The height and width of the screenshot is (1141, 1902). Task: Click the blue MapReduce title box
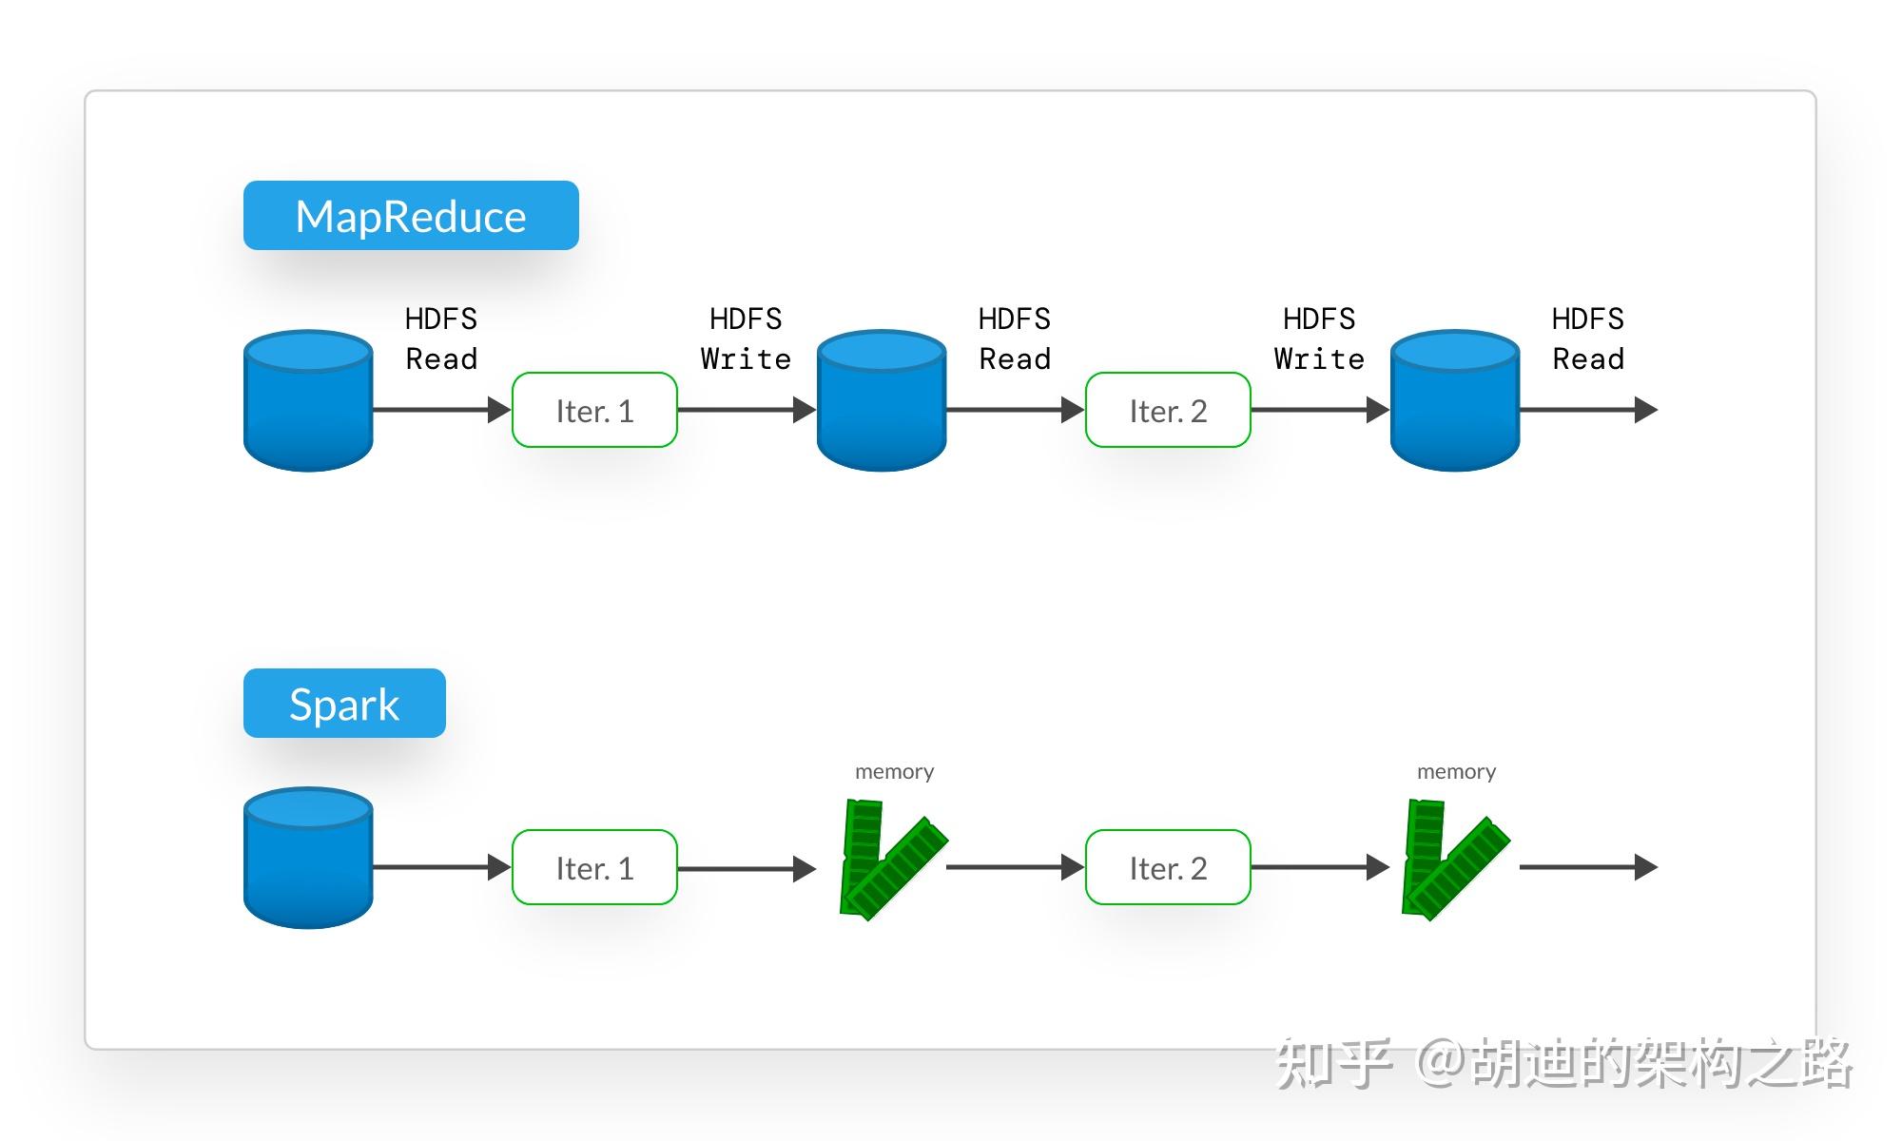pyautogui.click(x=411, y=216)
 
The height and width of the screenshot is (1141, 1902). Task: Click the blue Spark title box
pyautogui.click(x=344, y=704)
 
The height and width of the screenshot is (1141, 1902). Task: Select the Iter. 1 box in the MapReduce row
pyautogui.click(x=594, y=410)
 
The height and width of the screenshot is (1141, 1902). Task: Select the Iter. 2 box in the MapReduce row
pyautogui.click(x=1168, y=410)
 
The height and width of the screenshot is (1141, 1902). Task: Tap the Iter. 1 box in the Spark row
pyautogui.click(x=594, y=867)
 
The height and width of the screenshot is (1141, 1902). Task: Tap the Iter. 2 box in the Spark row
pyautogui.click(x=1168, y=867)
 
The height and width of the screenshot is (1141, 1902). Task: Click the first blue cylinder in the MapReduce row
pyautogui.click(x=308, y=401)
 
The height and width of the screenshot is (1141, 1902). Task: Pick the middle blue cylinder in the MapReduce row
pyautogui.click(x=882, y=401)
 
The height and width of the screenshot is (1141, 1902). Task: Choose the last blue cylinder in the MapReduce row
pyautogui.click(x=1455, y=401)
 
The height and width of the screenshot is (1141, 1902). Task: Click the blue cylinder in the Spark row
pyautogui.click(x=308, y=859)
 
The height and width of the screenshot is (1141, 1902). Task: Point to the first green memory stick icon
pyautogui.click(x=889, y=861)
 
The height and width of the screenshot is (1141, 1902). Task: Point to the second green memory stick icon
pyautogui.click(x=1451, y=861)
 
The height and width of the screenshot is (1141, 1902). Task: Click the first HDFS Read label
pyautogui.click(x=441, y=338)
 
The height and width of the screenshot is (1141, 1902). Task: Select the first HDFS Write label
pyautogui.click(x=746, y=338)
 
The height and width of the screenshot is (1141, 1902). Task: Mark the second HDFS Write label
pyautogui.click(x=1319, y=338)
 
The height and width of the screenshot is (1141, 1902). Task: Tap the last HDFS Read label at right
pyautogui.click(x=1588, y=338)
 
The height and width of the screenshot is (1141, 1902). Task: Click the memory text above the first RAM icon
pyautogui.click(x=894, y=771)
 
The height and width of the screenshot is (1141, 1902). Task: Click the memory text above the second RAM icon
pyautogui.click(x=1456, y=771)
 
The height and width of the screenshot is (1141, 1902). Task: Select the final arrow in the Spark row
pyautogui.click(x=1588, y=867)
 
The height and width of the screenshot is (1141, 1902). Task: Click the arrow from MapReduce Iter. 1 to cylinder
pyautogui.click(x=747, y=410)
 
